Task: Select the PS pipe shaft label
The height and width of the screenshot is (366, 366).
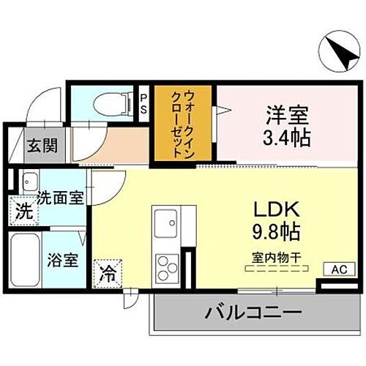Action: click(x=144, y=102)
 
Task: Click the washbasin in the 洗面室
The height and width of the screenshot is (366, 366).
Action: click(x=30, y=180)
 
